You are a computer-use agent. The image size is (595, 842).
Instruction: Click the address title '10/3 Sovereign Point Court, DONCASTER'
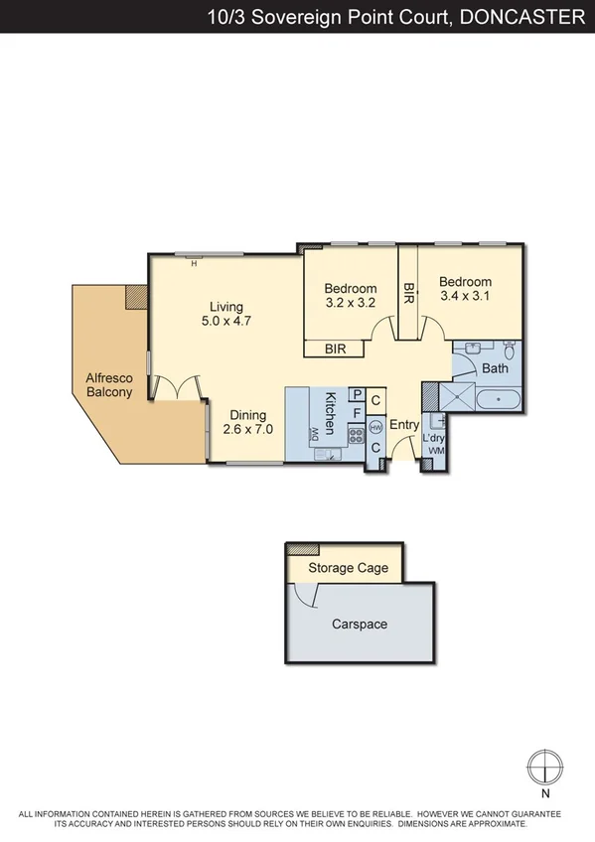(395, 16)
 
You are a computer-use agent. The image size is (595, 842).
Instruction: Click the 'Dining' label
(248, 415)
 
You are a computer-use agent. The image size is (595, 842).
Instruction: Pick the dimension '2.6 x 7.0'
(248, 430)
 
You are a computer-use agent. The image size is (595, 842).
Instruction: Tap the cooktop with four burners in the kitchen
(355, 434)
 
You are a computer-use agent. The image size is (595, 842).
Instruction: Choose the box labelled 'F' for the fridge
(356, 412)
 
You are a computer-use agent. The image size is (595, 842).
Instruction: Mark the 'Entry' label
(404, 425)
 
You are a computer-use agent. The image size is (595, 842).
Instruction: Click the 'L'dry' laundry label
(435, 438)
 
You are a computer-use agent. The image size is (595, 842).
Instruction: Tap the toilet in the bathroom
(509, 351)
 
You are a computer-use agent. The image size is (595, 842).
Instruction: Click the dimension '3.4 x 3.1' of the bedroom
(466, 295)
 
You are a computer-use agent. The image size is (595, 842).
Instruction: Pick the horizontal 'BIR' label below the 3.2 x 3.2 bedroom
(336, 349)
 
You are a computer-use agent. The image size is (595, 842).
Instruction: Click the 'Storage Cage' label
(348, 568)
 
